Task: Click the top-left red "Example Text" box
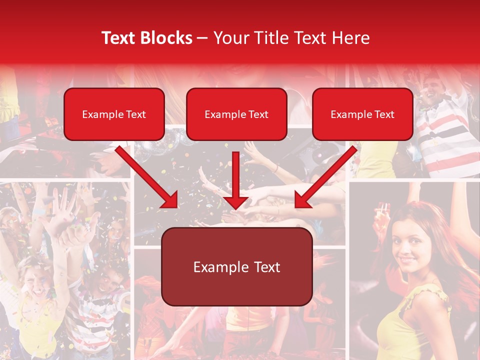pyautogui.click(x=114, y=114)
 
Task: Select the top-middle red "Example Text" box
pyautogui.click(x=236, y=114)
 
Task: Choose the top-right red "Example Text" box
pyautogui.click(x=362, y=114)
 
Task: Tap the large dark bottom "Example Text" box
pyautogui.click(x=236, y=266)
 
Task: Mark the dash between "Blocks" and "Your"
pyautogui.click(x=203, y=38)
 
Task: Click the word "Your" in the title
pyautogui.click(x=229, y=38)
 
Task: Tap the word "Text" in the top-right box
pyautogui.click(x=384, y=114)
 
